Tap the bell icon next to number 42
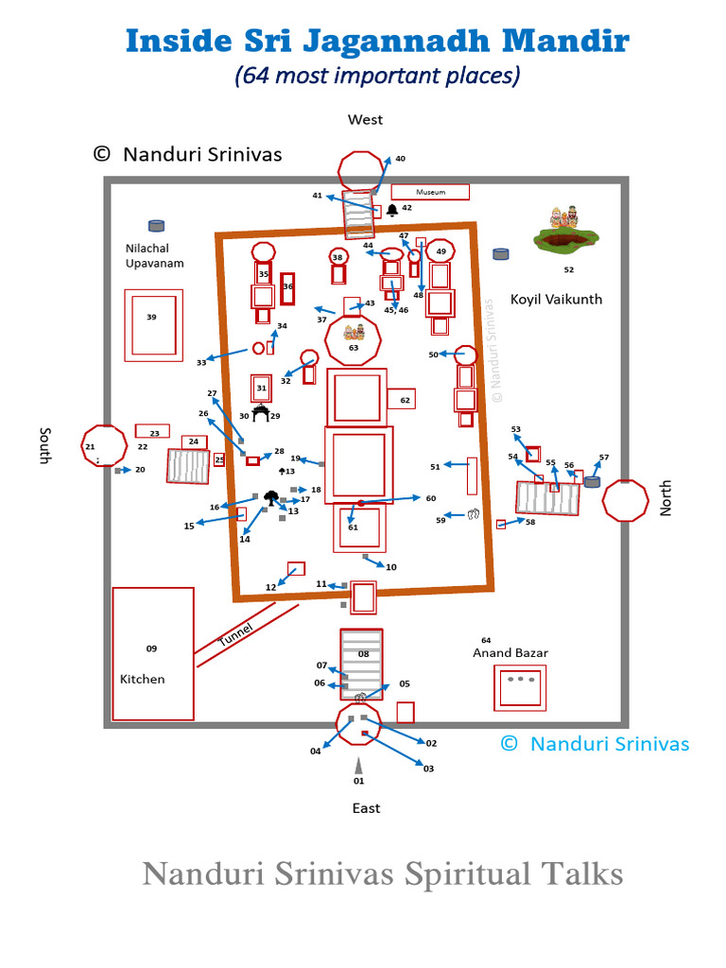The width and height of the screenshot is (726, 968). pyautogui.click(x=392, y=209)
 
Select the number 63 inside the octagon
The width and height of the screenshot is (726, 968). pyautogui.click(x=354, y=348)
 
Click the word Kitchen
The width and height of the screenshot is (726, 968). pyautogui.click(x=142, y=679)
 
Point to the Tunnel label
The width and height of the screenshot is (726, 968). pyautogui.click(x=236, y=638)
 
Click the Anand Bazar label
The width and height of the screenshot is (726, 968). pyautogui.click(x=510, y=653)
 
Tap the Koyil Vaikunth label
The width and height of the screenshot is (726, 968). pyautogui.click(x=557, y=300)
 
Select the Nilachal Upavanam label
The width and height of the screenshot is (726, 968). pyautogui.click(x=154, y=256)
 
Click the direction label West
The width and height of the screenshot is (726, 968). pyautogui.click(x=365, y=120)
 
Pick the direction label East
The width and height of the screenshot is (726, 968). pyautogui.click(x=366, y=808)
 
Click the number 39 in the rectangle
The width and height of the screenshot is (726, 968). pyautogui.click(x=151, y=318)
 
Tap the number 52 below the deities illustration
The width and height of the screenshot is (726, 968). pyautogui.click(x=568, y=269)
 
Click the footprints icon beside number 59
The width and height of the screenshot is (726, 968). pyautogui.click(x=474, y=514)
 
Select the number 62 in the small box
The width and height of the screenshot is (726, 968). pyautogui.click(x=405, y=401)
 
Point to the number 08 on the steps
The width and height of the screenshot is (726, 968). pyautogui.click(x=363, y=653)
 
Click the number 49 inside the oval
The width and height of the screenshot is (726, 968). pyautogui.click(x=441, y=252)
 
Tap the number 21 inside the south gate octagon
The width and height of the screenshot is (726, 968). pyautogui.click(x=90, y=447)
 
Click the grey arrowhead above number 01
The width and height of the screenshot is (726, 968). pyautogui.click(x=358, y=765)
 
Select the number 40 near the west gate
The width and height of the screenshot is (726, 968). pyautogui.click(x=400, y=159)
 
